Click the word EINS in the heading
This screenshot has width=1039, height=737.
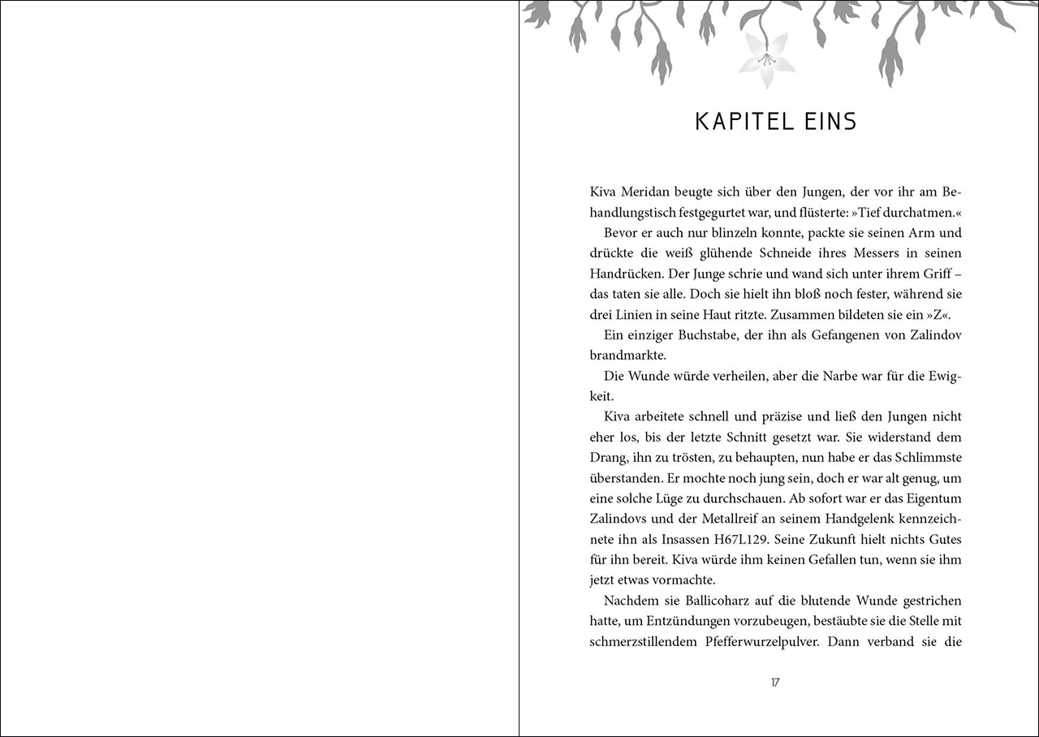point(827,122)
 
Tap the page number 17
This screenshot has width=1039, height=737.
point(775,683)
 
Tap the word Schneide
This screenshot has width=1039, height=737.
point(778,253)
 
